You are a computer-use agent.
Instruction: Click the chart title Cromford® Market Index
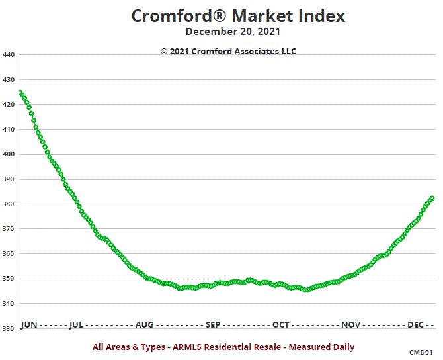(x=238, y=16)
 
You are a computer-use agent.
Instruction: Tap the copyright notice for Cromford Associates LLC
(x=228, y=51)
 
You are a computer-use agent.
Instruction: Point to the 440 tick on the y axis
(x=9, y=55)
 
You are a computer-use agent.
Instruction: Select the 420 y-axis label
(x=9, y=105)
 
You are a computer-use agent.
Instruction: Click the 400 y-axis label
(x=9, y=154)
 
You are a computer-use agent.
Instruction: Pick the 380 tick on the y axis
(x=9, y=204)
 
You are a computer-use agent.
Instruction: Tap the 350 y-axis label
(x=9, y=279)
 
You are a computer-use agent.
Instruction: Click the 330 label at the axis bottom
(x=9, y=328)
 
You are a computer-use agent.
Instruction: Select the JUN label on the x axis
(x=29, y=325)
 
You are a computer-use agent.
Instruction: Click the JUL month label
(x=76, y=325)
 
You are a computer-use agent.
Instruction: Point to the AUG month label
(x=144, y=325)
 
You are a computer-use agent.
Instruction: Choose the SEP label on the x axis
(x=213, y=325)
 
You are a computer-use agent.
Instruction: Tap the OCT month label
(x=281, y=325)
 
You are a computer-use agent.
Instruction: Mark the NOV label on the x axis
(x=350, y=325)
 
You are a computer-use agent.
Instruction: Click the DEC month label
(x=416, y=325)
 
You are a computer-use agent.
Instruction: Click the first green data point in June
(x=20, y=93)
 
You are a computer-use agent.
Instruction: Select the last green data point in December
(x=432, y=198)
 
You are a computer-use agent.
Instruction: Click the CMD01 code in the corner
(x=421, y=353)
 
